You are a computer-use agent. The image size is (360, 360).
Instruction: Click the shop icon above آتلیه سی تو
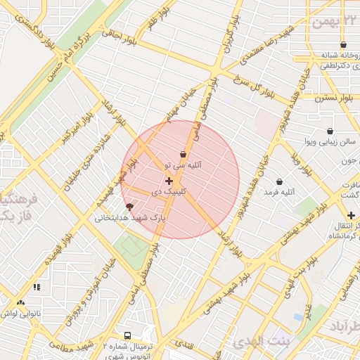(184, 154)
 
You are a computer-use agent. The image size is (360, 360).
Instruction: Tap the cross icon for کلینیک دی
(169, 181)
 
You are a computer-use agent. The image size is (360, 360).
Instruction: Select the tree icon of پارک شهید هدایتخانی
(129, 207)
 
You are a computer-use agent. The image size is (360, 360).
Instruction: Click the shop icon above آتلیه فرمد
(280, 181)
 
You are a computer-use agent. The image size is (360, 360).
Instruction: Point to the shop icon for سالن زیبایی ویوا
(330, 131)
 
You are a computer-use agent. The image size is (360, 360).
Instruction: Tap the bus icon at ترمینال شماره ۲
(128, 335)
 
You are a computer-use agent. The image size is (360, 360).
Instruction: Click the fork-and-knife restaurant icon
(37, 287)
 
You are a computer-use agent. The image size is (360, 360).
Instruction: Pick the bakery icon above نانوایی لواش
(20, 303)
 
